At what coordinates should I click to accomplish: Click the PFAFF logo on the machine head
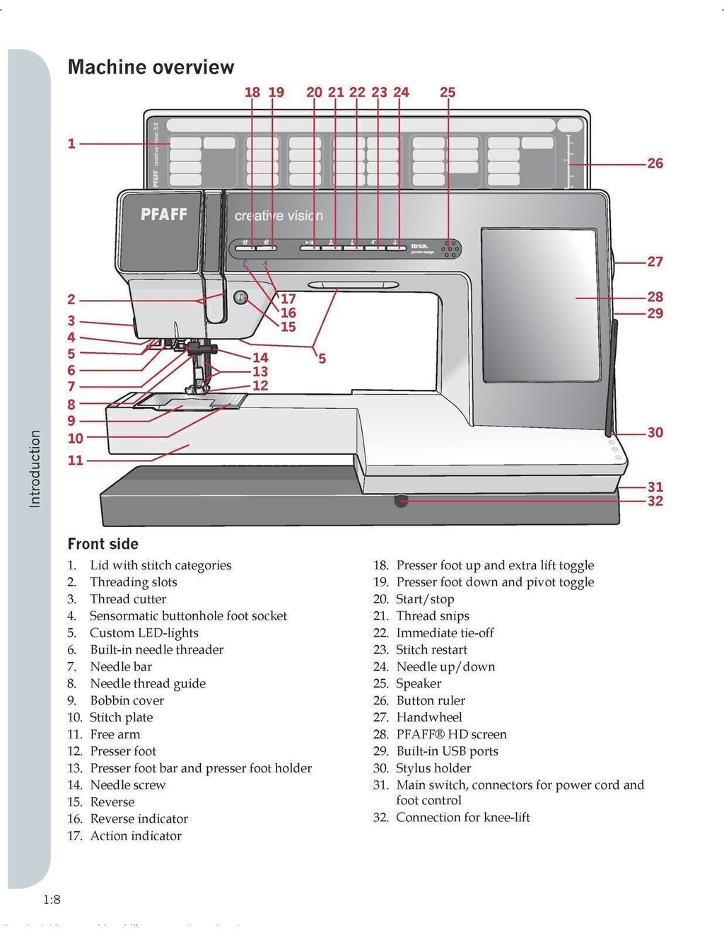163,214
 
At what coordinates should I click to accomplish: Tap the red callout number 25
448,93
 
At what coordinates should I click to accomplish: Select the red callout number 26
655,163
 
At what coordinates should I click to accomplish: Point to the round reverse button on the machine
240,298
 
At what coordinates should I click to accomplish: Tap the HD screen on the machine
540,304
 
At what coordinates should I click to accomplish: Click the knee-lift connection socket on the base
401,501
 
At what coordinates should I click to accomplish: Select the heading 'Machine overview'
151,67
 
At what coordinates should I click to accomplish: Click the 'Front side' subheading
103,544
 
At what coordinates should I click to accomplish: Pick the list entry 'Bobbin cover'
127,700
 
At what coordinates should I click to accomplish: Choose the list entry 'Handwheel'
428,717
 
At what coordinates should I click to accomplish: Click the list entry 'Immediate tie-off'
445,632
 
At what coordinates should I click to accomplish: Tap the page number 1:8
52,900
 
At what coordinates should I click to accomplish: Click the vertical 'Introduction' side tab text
35,468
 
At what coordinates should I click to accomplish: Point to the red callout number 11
75,461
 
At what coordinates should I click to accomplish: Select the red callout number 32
655,501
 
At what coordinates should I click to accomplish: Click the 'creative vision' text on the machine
279,216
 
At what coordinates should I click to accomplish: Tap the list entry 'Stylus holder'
433,768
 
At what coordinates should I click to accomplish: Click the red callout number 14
260,358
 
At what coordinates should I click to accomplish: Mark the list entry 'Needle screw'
127,785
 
